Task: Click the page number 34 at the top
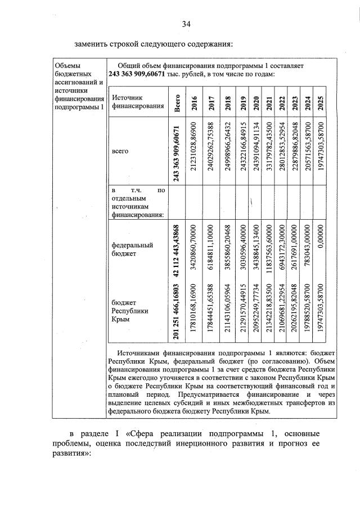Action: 187,24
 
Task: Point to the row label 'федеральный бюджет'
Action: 132,249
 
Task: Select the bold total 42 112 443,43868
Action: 177,249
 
